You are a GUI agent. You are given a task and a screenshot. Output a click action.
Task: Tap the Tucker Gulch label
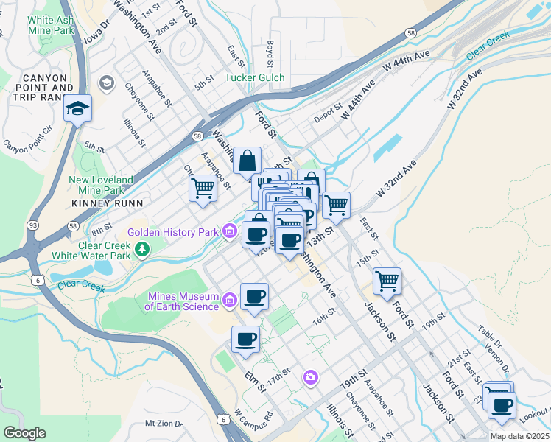[254, 77]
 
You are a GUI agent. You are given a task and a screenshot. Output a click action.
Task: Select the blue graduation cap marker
[77, 110]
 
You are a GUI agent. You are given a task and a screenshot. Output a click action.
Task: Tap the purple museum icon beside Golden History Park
[229, 233]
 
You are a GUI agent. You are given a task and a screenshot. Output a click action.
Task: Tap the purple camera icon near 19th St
[311, 378]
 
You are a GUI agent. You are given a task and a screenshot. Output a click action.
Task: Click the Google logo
[24, 433]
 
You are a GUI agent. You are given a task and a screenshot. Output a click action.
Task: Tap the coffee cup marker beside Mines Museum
[254, 298]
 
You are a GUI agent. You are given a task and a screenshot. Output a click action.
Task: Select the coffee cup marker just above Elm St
[245, 340]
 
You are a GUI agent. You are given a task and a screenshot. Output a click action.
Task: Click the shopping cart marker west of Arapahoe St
[202, 187]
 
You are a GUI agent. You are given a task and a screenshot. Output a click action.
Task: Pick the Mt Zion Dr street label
[164, 424]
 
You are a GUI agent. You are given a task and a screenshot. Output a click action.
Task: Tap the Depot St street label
[325, 118]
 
